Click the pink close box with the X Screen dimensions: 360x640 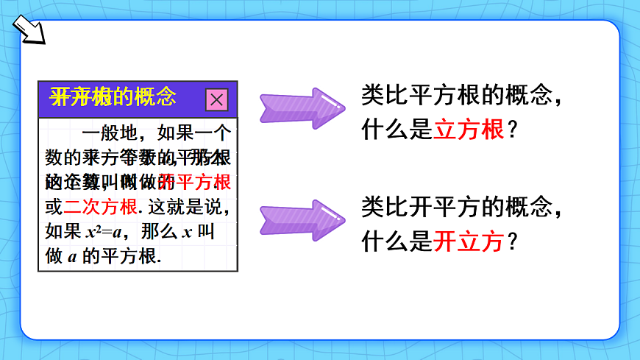216,99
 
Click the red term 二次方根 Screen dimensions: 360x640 101,207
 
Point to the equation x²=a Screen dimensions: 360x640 107,231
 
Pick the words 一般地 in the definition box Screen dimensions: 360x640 110,134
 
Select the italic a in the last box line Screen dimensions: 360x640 72,256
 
